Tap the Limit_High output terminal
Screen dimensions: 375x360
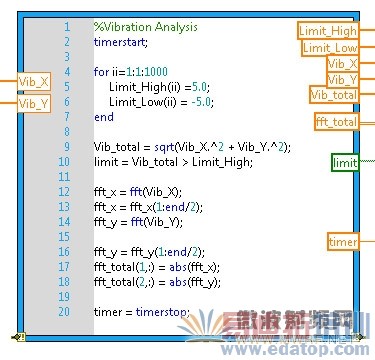[x=328, y=30]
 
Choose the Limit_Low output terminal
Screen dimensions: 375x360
[x=329, y=47]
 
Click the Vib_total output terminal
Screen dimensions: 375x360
[x=334, y=94]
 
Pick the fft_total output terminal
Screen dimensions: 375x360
[x=336, y=122]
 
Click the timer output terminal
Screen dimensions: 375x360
[x=342, y=241]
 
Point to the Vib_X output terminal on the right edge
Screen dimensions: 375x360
[x=342, y=63]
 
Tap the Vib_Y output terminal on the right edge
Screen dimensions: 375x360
[x=342, y=79]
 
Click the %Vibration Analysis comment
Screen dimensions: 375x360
[x=145, y=26]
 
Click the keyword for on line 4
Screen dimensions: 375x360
[x=101, y=72]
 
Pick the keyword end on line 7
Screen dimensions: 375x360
[x=104, y=117]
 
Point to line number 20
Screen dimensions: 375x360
[x=65, y=312]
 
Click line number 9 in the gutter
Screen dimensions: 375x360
[x=67, y=147]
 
